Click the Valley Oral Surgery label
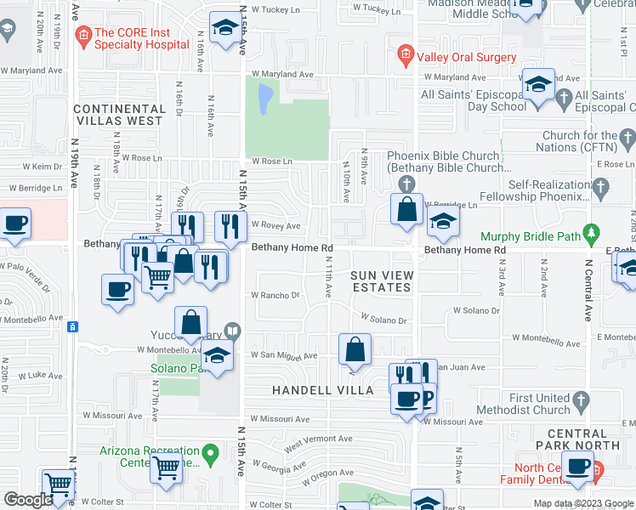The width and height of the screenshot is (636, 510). (x=465, y=57)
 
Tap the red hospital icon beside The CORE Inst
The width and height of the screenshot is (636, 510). (x=83, y=36)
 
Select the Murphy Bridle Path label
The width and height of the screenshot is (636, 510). (x=533, y=236)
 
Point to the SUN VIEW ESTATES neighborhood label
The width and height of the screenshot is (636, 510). (x=381, y=281)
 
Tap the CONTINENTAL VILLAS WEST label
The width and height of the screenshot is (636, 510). (x=119, y=115)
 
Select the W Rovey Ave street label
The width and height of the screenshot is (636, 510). (x=275, y=226)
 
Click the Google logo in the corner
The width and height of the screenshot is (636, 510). (x=27, y=500)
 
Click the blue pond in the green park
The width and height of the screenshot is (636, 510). (x=264, y=98)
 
